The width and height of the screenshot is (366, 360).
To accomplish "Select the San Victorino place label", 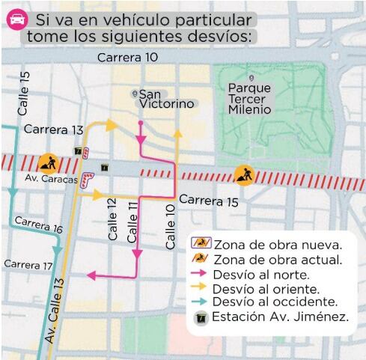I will [x=158, y=100].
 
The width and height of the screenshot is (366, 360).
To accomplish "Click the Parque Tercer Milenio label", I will [x=251, y=98].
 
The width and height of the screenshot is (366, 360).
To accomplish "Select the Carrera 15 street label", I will [x=209, y=201].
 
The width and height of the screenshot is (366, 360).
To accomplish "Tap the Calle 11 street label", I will [x=132, y=222].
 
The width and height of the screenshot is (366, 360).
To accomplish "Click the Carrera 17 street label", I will [x=28, y=264].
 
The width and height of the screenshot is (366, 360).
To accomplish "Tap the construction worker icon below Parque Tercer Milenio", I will [x=244, y=176].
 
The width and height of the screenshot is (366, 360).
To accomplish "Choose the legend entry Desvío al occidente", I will [x=273, y=302].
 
